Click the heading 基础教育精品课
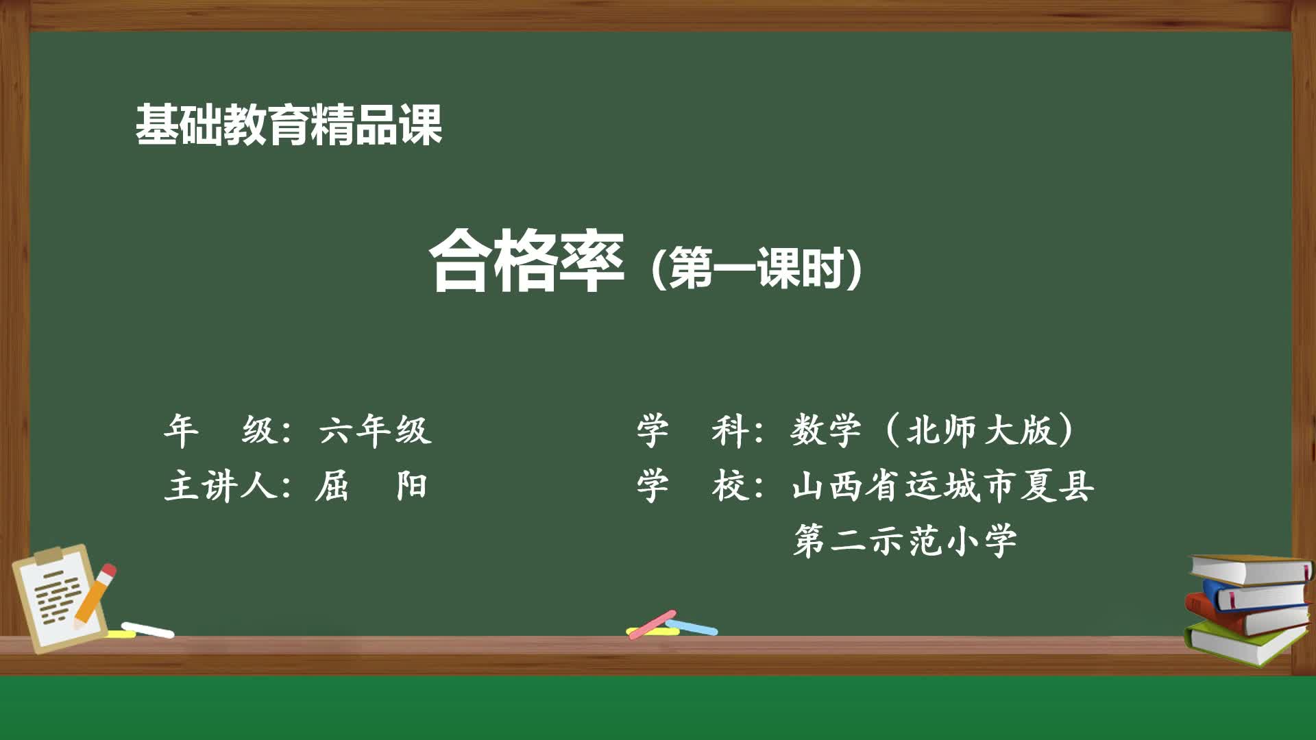pyautogui.click(x=288, y=125)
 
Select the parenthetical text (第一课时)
pyautogui.click(x=756, y=268)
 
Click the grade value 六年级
pyautogui.click(x=375, y=431)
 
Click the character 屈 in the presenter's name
pyautogui.click(x=332, y=486)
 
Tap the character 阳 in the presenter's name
pyautogui.click(x=411, y=486)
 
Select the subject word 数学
pyautogui.click(x=825, y=431)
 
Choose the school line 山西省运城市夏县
pyautogui.click(x=942, y=486)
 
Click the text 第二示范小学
pyautogui.click(x=905, y=541)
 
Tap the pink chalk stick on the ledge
pyautogui.click(x=653, y=624)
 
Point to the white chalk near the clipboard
pyautogui.click(x=148, y=630)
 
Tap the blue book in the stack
pyautogui.click(x=1258, y=595)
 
